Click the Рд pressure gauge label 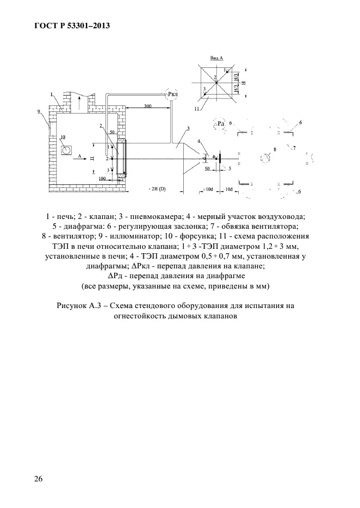pyautogui.click(x=221, y=124)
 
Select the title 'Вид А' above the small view pyautogui.click(x=217, y=57)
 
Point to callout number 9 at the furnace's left pyautogui.click(x=39, y=111)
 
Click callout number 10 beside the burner pyautogui.click(x=63, y=137)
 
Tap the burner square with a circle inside pyautogui.click(x=66, y=149)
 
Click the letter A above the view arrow pyautogui.click(x=79, y=155)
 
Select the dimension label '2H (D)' pyautogui.click(x=158, y=190)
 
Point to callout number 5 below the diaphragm pyautogui.click(x=230, y=169)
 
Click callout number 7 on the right pyautogui.click(x=294, y=148)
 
